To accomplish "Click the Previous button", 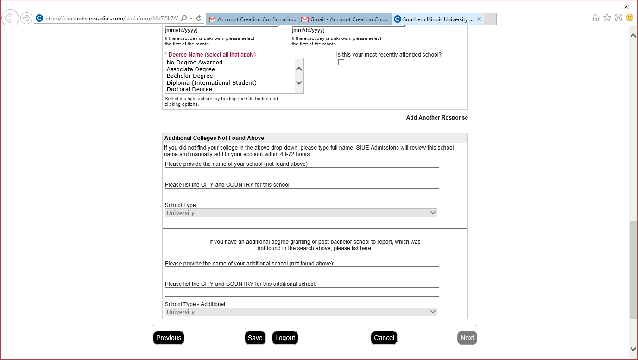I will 169,338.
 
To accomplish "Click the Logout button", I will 285,338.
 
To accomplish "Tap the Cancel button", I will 384,338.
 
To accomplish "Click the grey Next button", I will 467,338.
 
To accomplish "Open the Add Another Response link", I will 437,118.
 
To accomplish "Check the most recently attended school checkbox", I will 341,63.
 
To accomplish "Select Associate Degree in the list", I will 191,69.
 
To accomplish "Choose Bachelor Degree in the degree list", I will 190,76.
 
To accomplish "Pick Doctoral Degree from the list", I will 190,89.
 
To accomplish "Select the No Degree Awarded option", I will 195,63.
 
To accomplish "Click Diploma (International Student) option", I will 211,83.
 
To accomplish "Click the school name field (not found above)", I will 302,172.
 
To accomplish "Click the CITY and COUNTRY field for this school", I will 302,193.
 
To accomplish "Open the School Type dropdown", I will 301,213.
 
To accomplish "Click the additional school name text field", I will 302,272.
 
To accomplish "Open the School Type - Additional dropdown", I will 301,312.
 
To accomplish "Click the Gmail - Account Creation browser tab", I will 345,19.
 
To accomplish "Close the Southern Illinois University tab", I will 479,19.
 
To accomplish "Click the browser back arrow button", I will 10,18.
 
